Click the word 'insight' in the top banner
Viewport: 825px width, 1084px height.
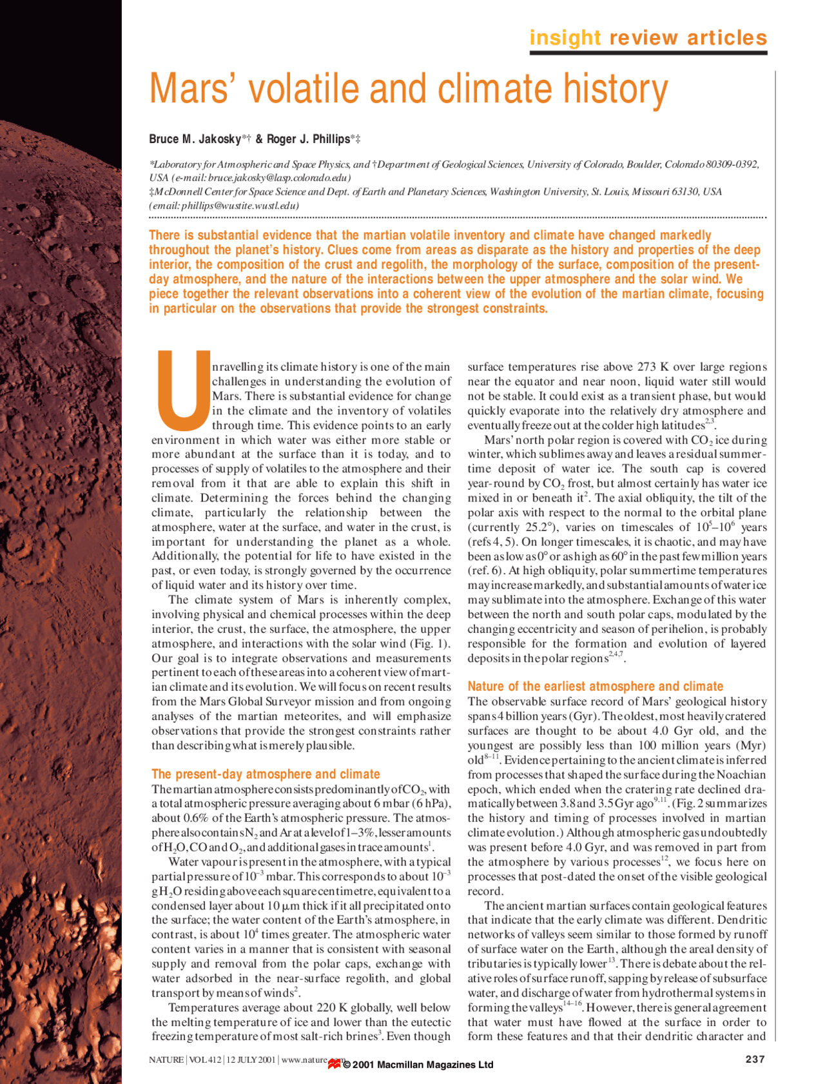pos(565,38)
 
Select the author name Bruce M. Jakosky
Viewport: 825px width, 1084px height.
pos(195,139)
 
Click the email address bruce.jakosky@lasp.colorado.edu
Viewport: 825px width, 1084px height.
pos(278,178)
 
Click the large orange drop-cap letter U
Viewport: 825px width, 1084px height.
pos(183,391)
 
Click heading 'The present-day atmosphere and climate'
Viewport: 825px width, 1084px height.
pos(266,774)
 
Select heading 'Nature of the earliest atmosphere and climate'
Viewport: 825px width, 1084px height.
pos(595,686)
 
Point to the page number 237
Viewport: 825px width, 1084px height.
pos(755,1059)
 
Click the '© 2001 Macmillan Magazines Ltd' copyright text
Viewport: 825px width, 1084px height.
pos(418,1065)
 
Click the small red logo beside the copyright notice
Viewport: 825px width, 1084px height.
pos(334,1064)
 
